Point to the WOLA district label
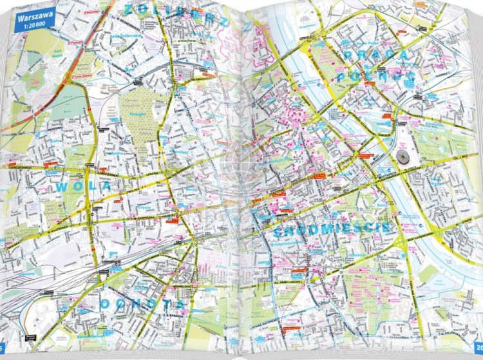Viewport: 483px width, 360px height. (x=83, y=187)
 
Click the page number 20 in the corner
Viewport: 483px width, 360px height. (x=478, y=350)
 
